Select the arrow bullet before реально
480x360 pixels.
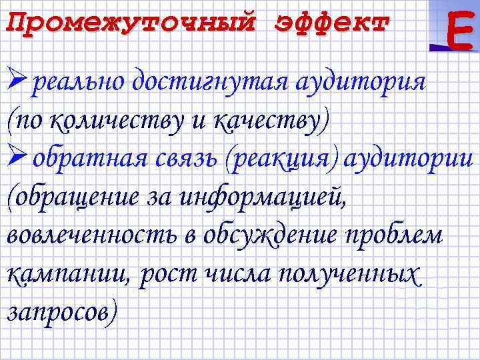point(18,83)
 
